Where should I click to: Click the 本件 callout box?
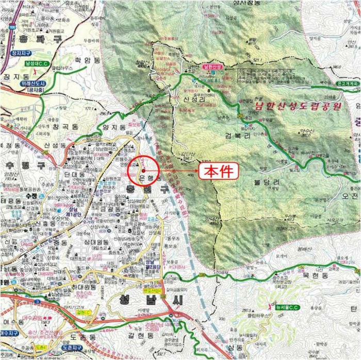[x=219, y=170]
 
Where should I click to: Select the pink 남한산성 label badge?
[x=212, y=67]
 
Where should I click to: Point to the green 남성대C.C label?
[x=37, y=63]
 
